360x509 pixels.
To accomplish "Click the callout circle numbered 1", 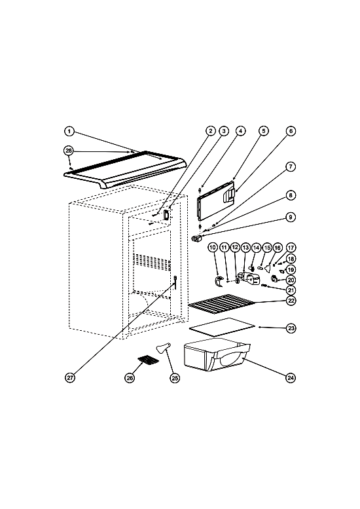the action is tap(69, 132).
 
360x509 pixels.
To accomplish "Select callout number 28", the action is tap(69, 151).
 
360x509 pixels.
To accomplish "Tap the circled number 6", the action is tap(291, 131).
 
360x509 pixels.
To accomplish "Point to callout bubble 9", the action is tap(291, 217).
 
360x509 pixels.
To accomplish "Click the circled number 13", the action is tap(245, 248).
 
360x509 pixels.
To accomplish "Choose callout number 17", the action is tap(291, 248).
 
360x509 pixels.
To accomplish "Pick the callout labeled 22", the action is tap(291, 301).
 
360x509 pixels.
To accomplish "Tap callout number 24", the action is tap(291, 377).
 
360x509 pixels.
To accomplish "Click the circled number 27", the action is tap(70, 377).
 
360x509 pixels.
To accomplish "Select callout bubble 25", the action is tap(175, 377).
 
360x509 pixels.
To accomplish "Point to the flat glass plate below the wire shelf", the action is tap(222, 326).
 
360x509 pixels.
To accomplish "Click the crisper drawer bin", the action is tap(216, 355).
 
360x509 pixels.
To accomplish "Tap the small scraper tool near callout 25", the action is tap(162, 349).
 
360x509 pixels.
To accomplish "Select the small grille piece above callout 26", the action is tap(149, 360).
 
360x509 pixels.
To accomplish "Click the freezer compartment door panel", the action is tap(215, 198).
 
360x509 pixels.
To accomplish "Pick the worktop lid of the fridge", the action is tap(125, 170).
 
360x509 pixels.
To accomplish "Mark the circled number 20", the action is tap(291, 280).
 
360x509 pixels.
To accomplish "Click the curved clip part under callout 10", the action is tap(219, 281).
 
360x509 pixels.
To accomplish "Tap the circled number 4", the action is tap(240, 131).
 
